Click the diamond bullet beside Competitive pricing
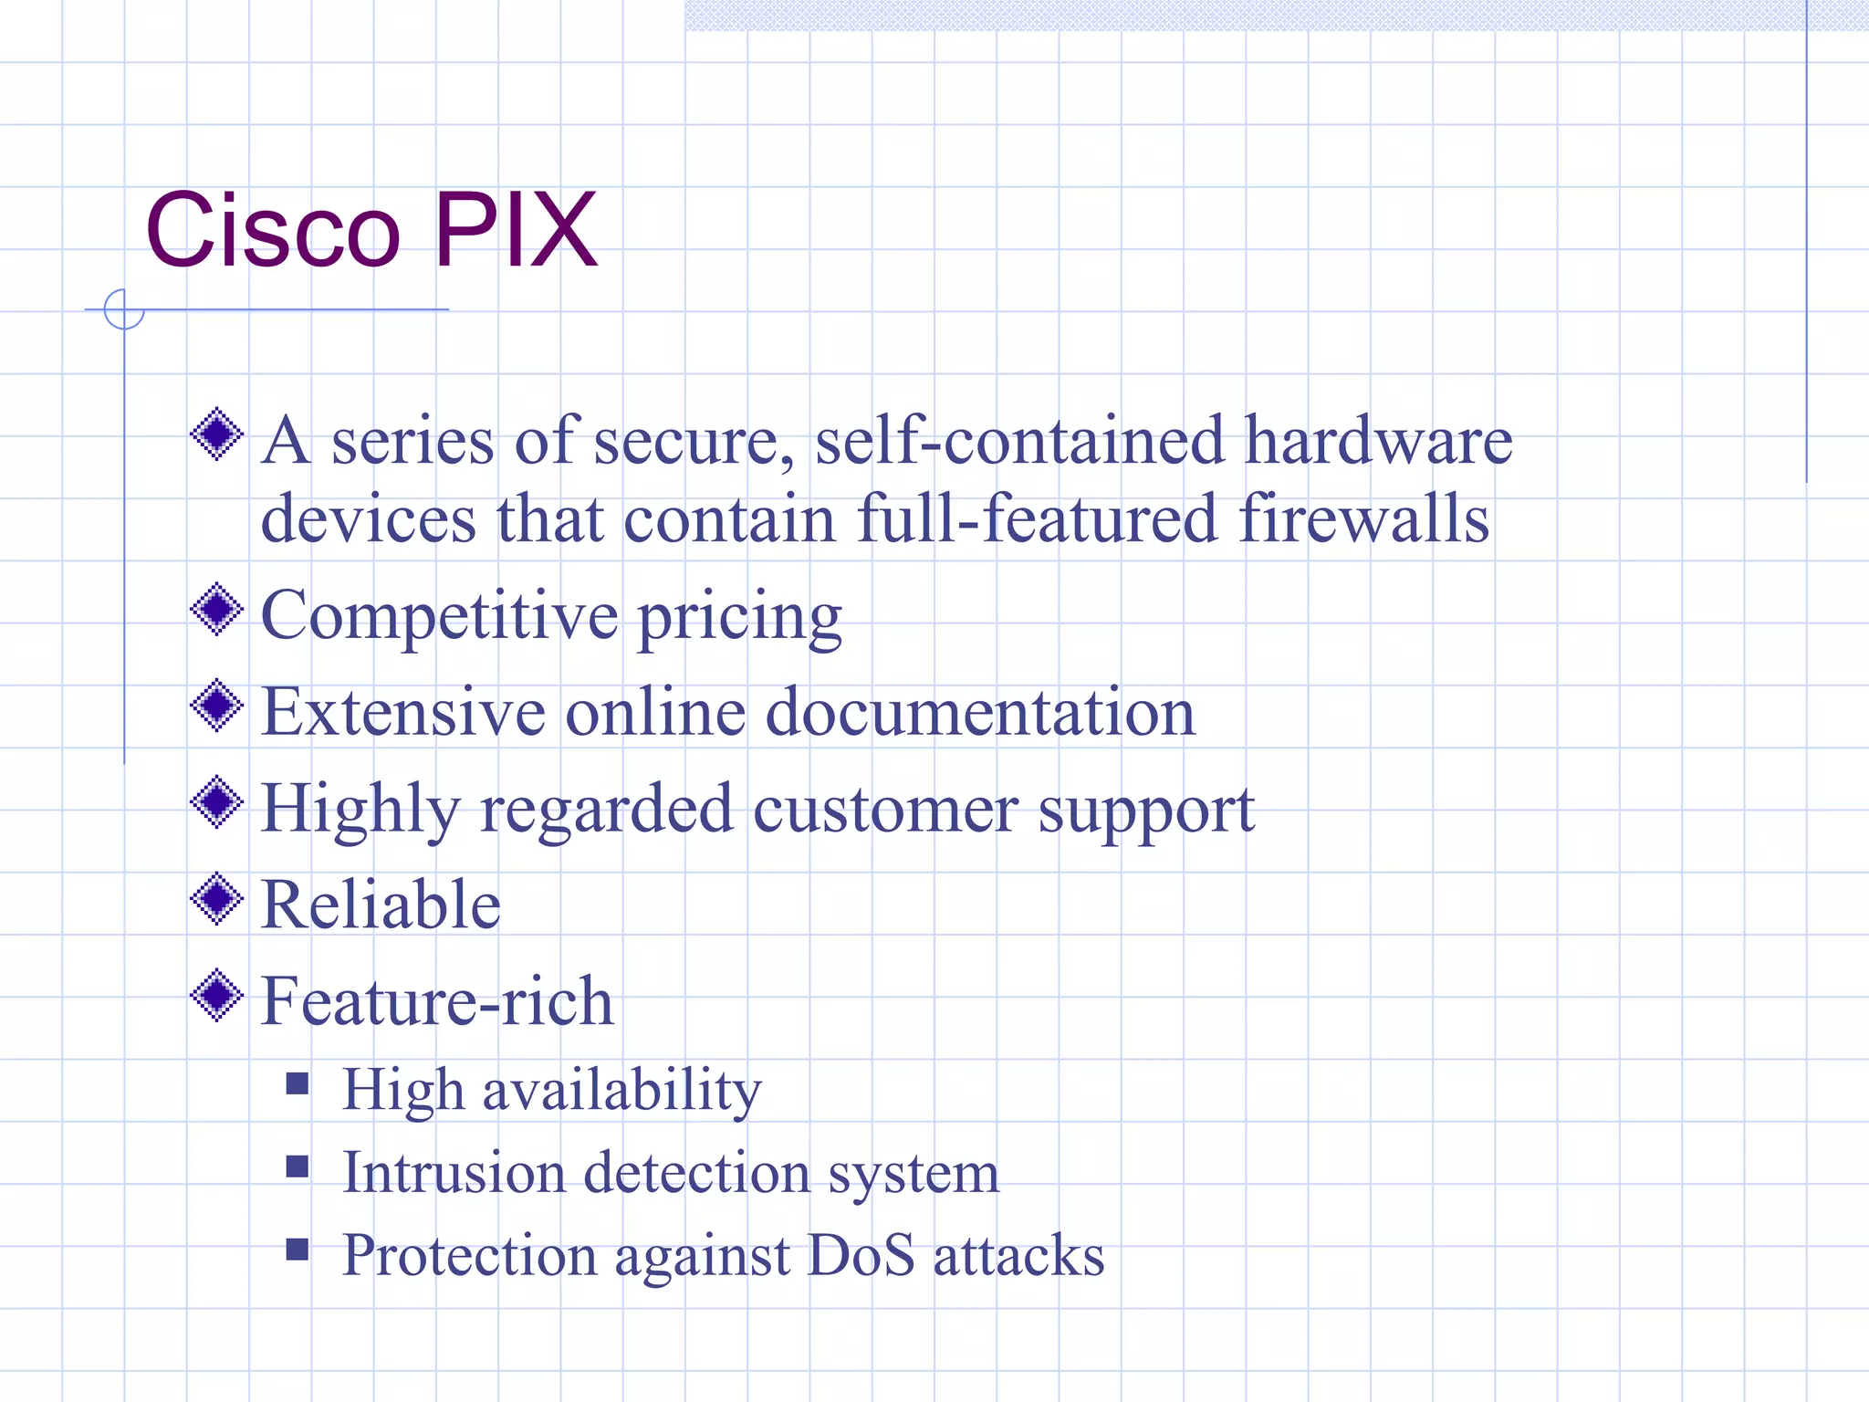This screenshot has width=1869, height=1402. coord(217,610)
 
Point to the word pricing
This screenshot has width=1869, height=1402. coord(739,619)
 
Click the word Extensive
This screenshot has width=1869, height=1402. coord(402,712)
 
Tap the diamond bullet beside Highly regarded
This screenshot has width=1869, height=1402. coord(217,802)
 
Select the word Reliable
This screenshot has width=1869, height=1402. coord(381,905)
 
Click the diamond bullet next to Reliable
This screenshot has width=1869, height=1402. coord(217,899)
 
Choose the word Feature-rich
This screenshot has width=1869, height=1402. coord(437,1001)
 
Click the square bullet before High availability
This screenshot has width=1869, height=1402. coord(297,1083)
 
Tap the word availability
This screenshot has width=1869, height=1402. coord(621,1091)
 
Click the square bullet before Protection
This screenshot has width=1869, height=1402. coord(297,1249)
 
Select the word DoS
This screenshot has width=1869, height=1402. coord(861,1255)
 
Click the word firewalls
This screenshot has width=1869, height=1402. coord(1363,518)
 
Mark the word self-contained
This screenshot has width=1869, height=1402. coord(1018,441)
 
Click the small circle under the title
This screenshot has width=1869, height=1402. coord(124,309)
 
